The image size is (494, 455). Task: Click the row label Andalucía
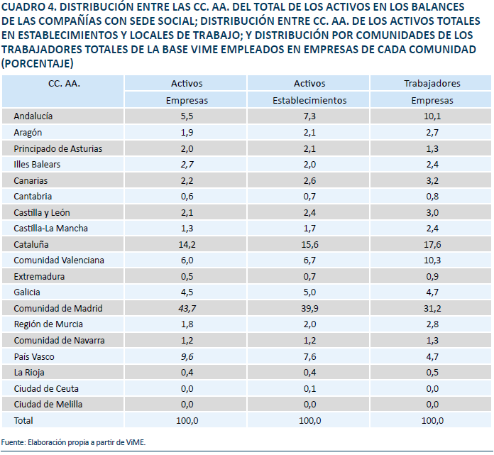33,116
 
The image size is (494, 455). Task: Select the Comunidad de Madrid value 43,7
187,309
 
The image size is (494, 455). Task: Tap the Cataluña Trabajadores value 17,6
432,245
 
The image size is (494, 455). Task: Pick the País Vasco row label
34,357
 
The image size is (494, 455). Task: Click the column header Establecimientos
309,101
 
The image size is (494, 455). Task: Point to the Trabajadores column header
432,84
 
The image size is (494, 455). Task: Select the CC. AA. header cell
64,84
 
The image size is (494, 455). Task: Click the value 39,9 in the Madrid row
309,309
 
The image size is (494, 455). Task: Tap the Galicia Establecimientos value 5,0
309,292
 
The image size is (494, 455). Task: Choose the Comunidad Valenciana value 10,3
432,261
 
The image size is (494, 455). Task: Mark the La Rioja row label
29,373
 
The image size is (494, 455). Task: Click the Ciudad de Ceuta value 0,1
309,389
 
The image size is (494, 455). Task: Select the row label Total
23,421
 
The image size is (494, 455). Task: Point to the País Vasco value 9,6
187,357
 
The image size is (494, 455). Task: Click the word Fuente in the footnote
13,442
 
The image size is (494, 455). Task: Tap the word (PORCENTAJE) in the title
37,64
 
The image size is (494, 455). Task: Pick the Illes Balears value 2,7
187,165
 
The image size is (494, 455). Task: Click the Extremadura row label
39,277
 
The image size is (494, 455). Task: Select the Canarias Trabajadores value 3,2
432,181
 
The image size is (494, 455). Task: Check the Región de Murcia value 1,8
187,324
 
